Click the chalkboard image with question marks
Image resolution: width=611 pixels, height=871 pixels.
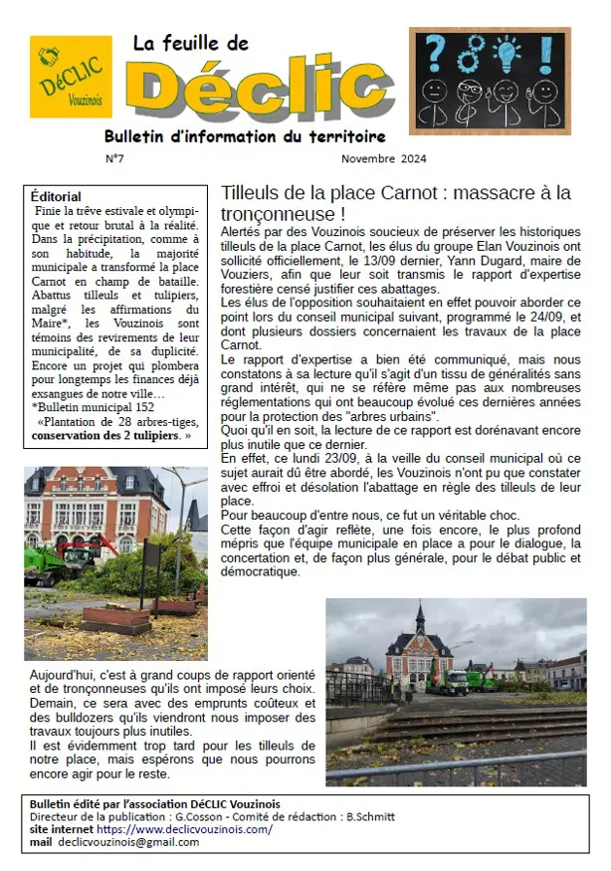(489, 81)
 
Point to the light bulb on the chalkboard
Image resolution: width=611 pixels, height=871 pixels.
(508, 52)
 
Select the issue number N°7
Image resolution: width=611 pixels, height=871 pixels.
(114, 158)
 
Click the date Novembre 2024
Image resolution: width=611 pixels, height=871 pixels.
(382, 158)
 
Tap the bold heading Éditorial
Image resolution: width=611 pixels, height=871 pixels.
(57, 197)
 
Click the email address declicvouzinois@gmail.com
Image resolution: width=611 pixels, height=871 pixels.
(128, 842)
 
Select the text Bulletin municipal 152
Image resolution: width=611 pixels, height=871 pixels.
(96, 407)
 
